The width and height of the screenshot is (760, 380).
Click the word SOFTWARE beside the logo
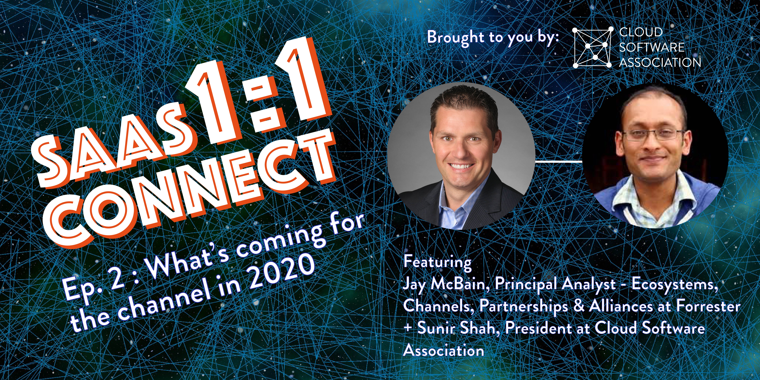651,47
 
